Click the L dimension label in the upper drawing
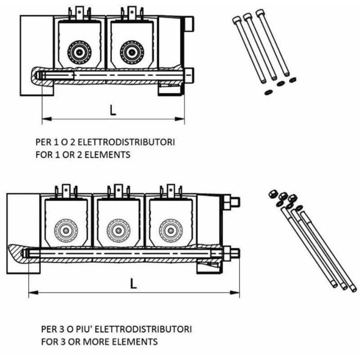coord(113,110)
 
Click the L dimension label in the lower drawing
coord(133,283)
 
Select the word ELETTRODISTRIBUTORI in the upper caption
coord(126,142)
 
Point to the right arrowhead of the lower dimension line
coord(234,292)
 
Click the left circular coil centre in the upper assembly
coord(79,52)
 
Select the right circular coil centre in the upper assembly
coord(132,52)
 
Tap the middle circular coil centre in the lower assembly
coord(118,230)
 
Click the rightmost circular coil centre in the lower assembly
coord(171,230)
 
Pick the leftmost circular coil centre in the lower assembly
coord(66,230)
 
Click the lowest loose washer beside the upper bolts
coord(268,92)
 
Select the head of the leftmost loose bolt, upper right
coord(237,20)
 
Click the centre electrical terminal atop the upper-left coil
coord(80,13)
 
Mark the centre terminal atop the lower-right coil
coord(171,191)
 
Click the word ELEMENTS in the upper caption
coord(108,155)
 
